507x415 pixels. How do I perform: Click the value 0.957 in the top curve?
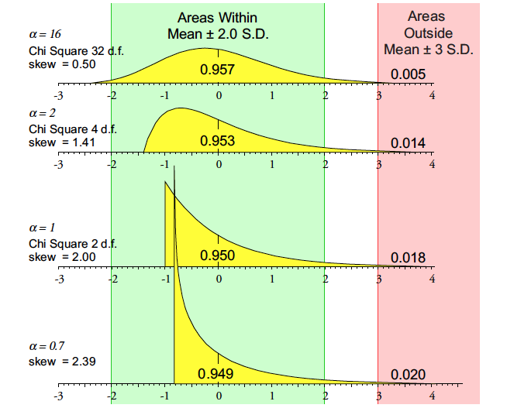click(217, 70)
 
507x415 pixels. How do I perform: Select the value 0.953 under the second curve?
click(217, 141)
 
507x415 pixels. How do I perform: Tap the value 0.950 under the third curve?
click(217, 256)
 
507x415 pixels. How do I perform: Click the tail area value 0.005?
click(407, 74)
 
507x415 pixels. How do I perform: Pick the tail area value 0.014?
click(407, 143)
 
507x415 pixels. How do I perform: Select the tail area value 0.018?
click(407, 258)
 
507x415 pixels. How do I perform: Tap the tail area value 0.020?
click(407, 375)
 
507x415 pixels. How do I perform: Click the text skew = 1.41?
click(61, 142)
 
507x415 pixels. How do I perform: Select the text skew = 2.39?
click(61, 362)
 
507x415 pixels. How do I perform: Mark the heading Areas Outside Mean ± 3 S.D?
click(429, 33)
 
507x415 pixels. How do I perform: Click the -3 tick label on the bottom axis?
click(57, 396)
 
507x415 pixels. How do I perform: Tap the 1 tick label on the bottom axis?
click(272, 396)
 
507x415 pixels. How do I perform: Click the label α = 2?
click(41, 114)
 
